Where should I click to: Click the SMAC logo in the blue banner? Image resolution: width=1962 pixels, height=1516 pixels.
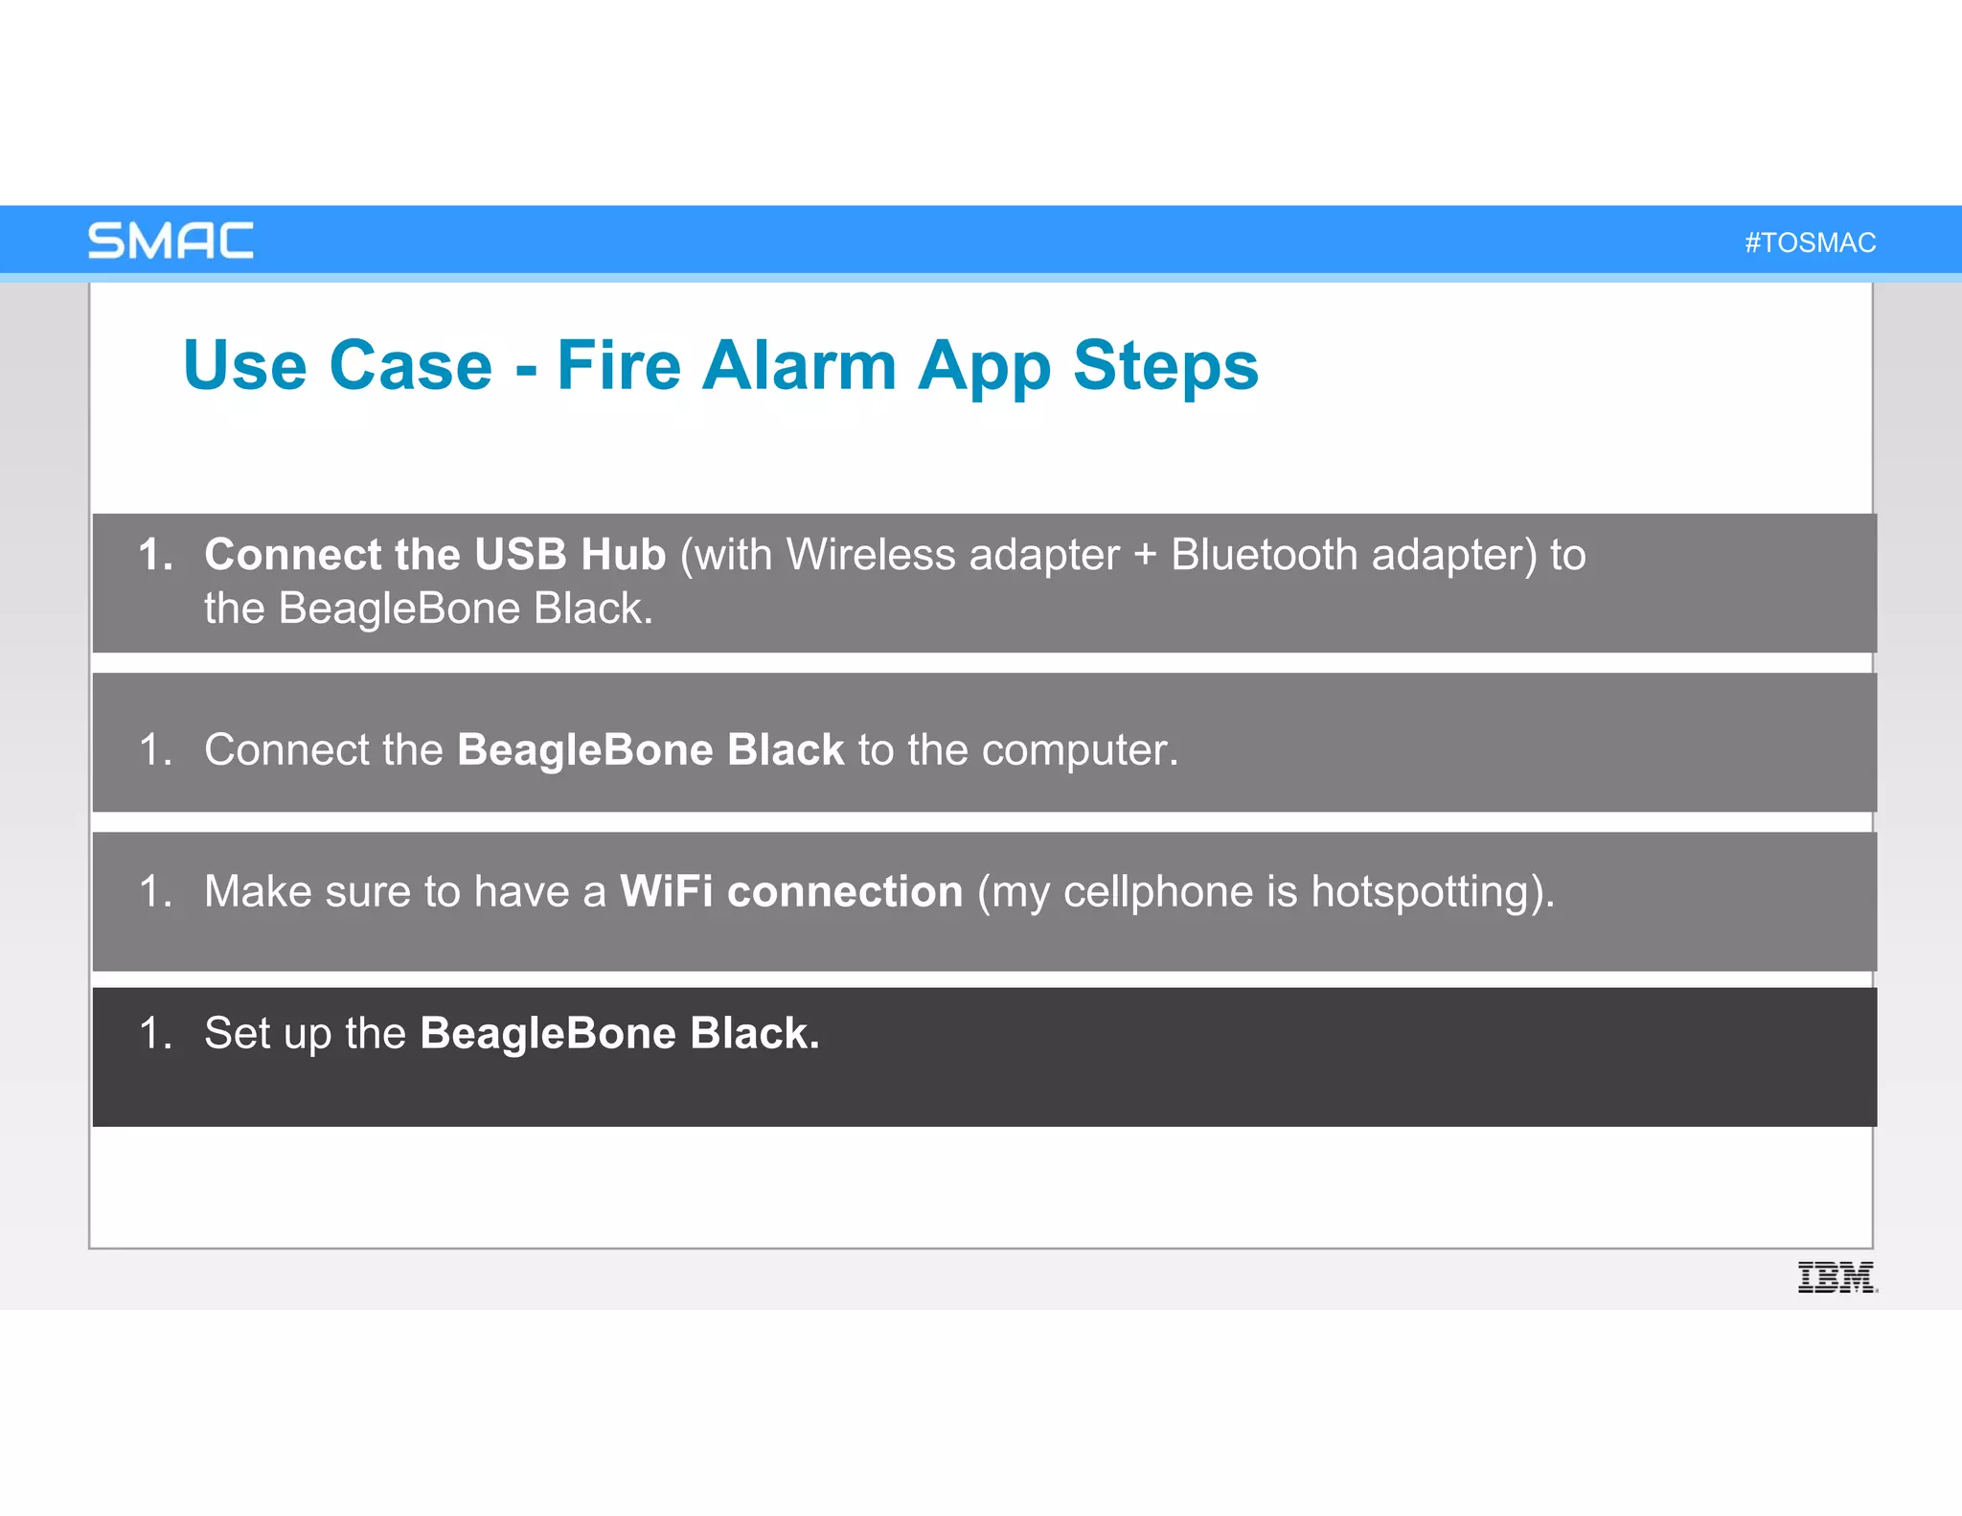(x=171, y=241)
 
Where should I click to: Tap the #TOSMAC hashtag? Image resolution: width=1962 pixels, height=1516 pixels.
(x=1810, y=242)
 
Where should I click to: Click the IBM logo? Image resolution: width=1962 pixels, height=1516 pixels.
(x=1837, y=1277)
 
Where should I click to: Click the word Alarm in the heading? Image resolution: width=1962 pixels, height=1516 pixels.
(x=800, y=365)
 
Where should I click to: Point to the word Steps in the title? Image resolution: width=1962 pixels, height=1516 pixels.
(x=1165, y=365)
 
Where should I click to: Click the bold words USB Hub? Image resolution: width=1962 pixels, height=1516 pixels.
(x=570, y=554)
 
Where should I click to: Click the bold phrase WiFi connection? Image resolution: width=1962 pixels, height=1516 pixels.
(x=791, y=891)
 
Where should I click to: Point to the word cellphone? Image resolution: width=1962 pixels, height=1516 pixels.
(x=1158, y=892)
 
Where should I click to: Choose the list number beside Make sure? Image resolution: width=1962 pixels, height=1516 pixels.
(x=154, y=891)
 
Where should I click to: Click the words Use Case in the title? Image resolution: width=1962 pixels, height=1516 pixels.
(x=337, y=365)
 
